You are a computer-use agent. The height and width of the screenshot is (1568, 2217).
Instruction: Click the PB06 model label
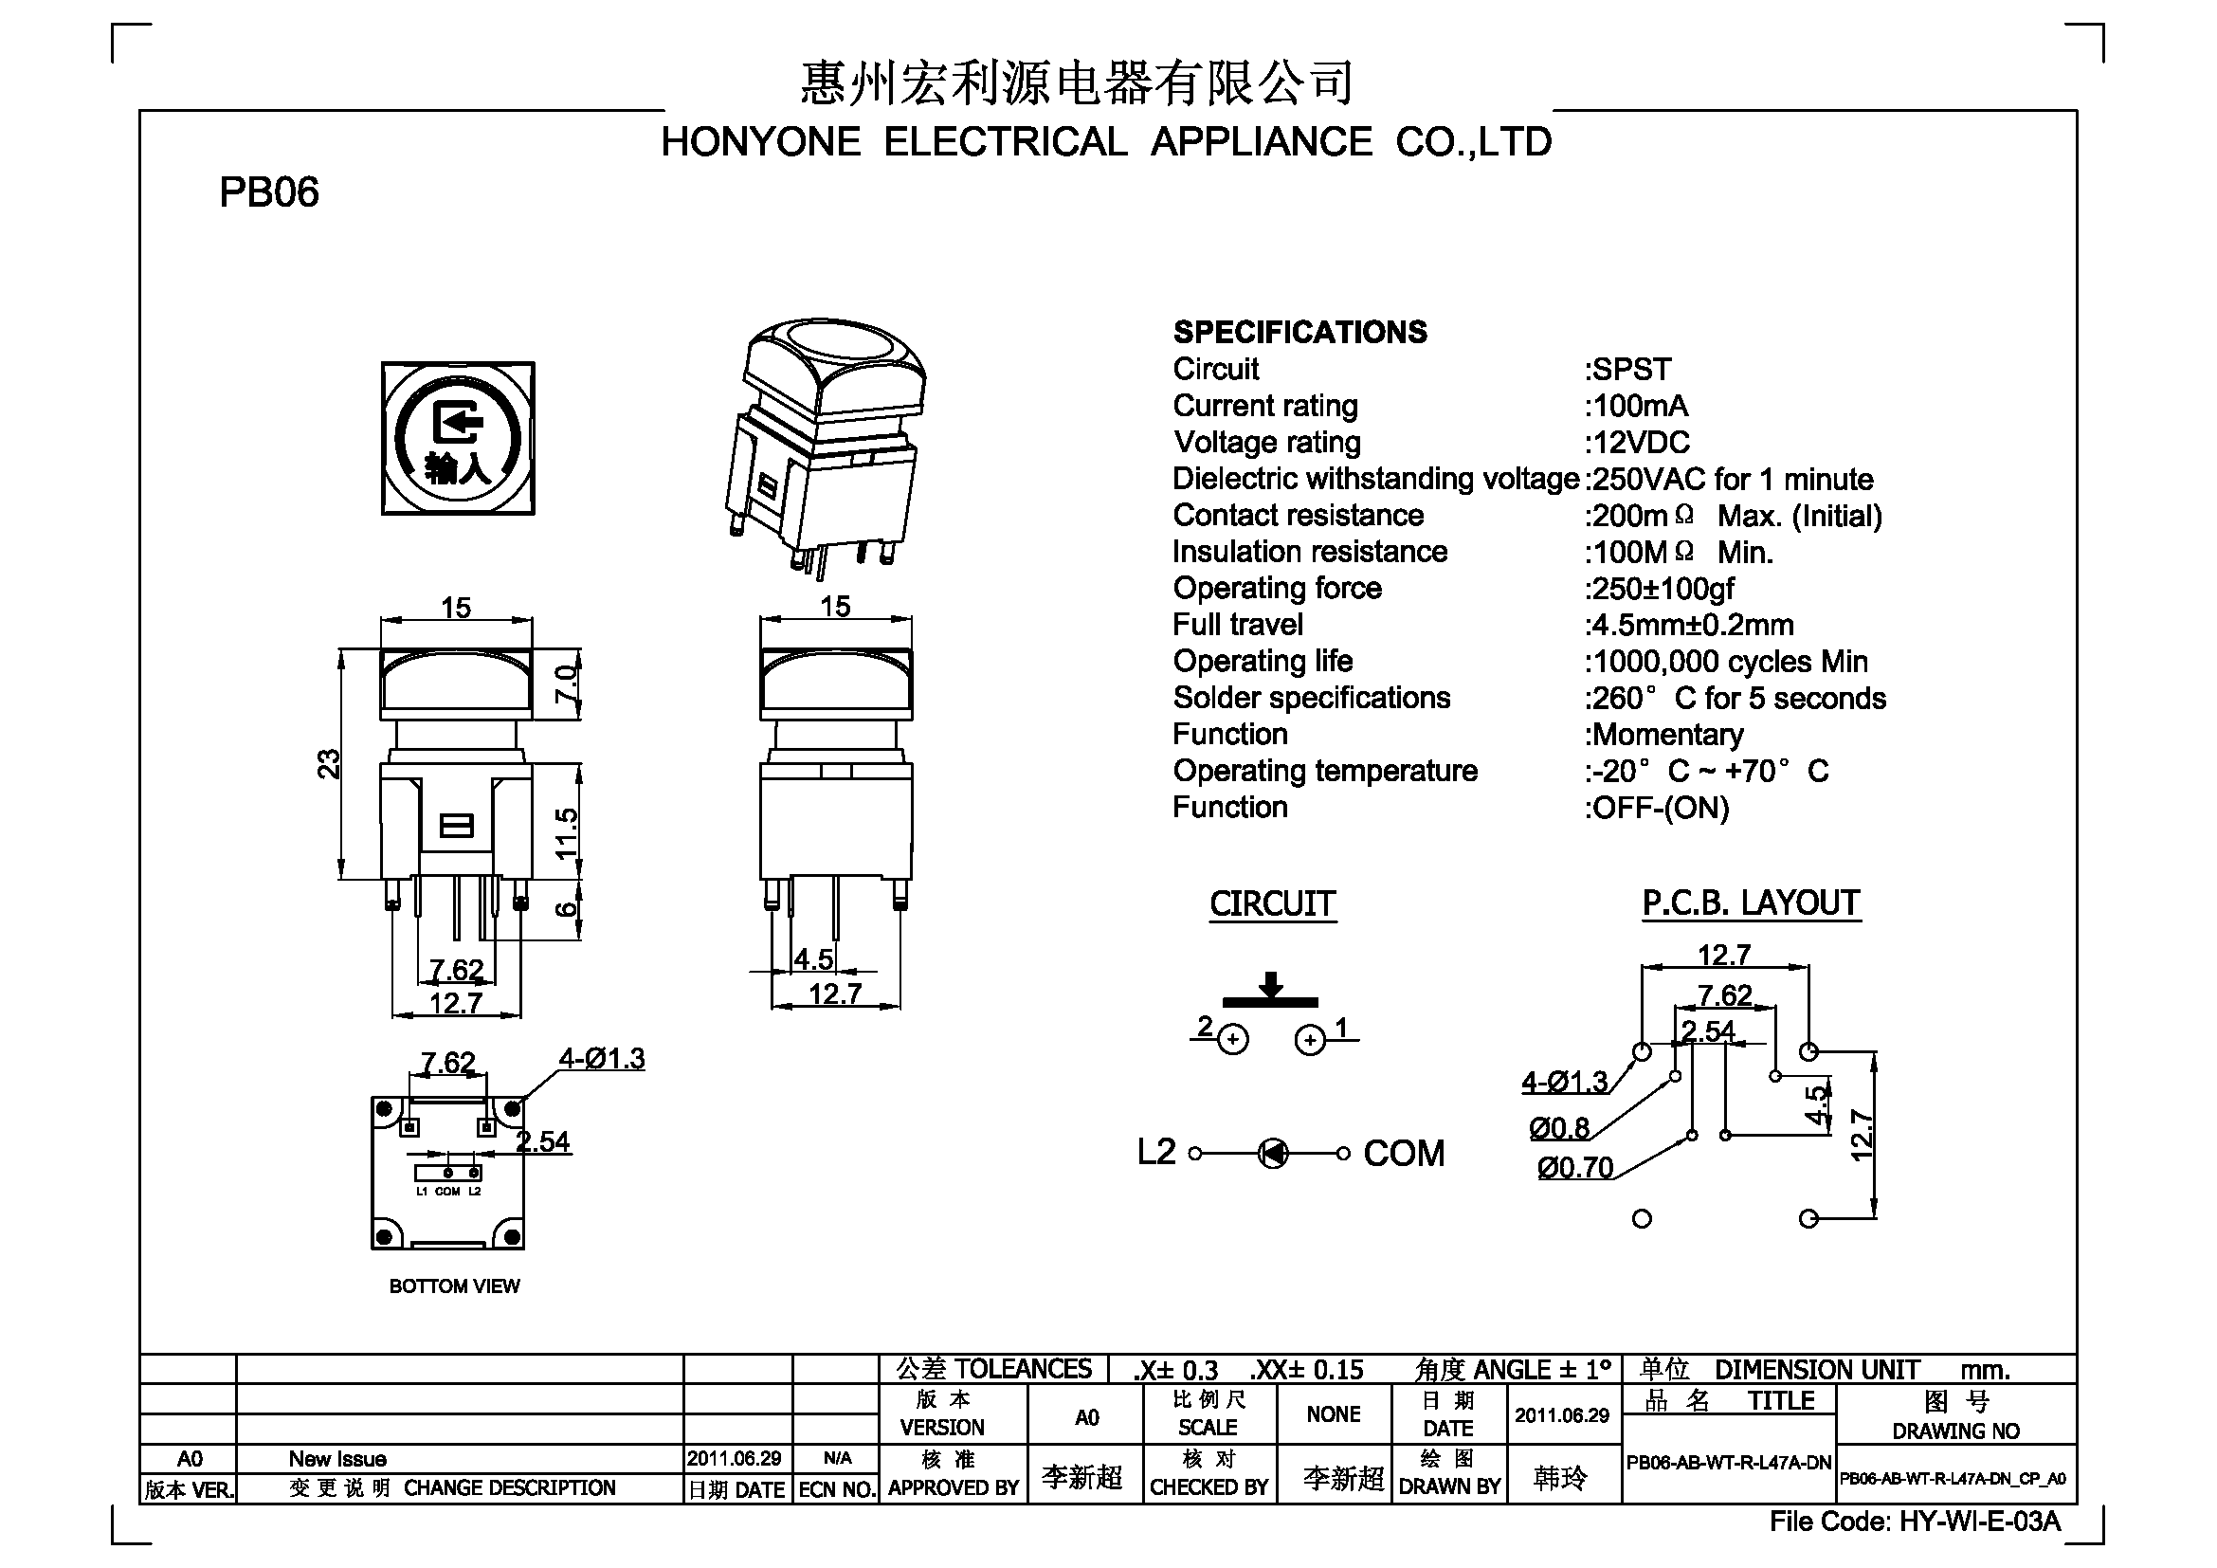[268, 192]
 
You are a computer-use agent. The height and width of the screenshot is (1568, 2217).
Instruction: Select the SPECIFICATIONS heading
[1299, 332]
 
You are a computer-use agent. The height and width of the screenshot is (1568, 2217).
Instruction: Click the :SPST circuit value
[1627, 369]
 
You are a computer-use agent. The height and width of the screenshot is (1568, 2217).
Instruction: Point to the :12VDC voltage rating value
[1637, 442]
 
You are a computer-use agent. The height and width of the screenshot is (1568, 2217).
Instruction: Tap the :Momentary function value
[1663, 735]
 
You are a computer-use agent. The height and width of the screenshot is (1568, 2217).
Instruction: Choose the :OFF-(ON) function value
[1657, 807]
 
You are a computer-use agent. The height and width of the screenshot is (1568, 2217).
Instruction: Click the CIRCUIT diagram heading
[1273, 904]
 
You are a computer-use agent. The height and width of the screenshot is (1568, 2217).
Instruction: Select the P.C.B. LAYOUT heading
[1751, 903]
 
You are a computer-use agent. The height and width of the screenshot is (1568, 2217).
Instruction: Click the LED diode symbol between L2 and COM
[1273, 1153]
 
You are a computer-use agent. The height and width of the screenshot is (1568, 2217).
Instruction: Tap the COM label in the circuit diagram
[1403, 1153]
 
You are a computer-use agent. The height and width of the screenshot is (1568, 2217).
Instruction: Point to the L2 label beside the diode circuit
[1156, 1152]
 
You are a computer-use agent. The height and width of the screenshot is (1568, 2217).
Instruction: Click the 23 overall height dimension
[329, 764]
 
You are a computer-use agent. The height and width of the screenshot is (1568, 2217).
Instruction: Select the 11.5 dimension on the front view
[567, 833]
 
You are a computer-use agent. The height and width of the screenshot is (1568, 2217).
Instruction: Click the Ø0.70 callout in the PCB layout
[1575, 1168]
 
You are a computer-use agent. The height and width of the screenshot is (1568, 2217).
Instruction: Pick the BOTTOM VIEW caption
[454, 1286]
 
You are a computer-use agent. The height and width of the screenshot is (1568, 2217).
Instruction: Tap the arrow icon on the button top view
[459, 422]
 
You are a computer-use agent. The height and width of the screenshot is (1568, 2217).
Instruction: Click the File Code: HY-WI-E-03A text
[1915, 1522]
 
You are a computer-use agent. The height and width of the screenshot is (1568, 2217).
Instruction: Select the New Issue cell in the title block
[337, 1459]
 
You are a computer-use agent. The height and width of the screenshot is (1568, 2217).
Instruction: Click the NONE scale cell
[1334, 1414]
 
